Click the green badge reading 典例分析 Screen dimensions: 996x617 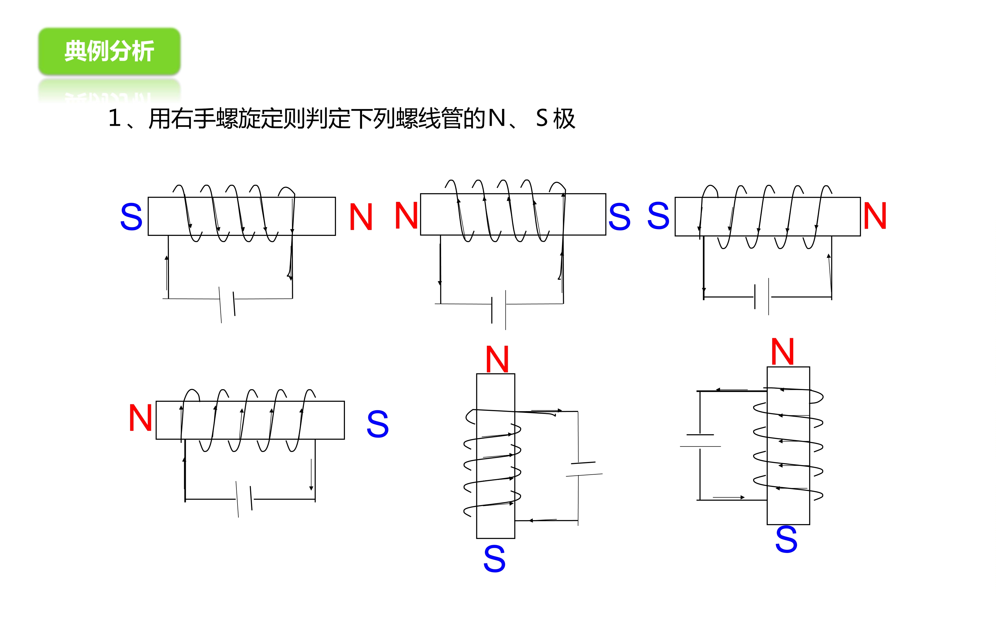[x=109, y=51]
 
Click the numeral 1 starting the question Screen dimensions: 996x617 [x=115, y=118]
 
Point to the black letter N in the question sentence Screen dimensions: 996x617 [x=497, y=118]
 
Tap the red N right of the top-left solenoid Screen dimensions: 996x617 [x=361, y=217]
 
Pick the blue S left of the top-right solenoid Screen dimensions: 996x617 [x=658, y=215]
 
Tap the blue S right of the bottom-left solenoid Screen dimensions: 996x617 [x=378, y=424]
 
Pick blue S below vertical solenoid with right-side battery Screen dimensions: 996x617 [x=494, y=559]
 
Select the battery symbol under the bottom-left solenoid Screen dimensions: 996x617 [x=244, y=500]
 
